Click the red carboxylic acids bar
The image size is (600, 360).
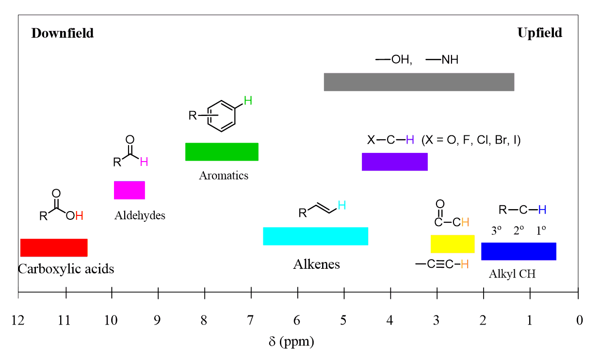pyautogui.click(x=53, y=247)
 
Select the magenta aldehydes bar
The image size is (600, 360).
pyautogui.click(x=130, y=190)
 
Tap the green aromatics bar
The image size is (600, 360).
pyautogui.click(x=222, y=152)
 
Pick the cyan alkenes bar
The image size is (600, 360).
pyautogui.click(x=315, y=236)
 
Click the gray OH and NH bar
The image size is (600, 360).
pyautogui.click(x=419, y=82)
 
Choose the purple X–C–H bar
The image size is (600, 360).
pyautogui.click(x=394, y=162)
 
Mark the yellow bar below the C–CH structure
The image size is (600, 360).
pyautogui.click(x=452, y=244)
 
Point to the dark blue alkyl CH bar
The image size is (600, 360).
pyautogui.click(x=519, y=251)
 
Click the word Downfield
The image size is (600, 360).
pyautogui.click(x=63, y=33)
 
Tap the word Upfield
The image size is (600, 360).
pyautogui.click(x=539, y=33)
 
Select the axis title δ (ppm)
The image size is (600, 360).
pyautogui.click(x=291, y=342)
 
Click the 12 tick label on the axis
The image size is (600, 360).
pyautogui.click(x=18, y=320)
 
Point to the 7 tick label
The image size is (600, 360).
pyautogui.click(x=250, y=320)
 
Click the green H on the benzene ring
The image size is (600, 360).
pyautogui.click(x=248, y=101)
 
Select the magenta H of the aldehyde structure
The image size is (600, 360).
pyautogui.click(x=144, y=162)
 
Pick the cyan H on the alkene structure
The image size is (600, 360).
pyautogui.click(x=341, y=205)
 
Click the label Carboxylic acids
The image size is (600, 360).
pyautogui.click(x=66, y=269)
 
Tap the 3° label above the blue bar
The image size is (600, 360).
pyautogui.click(x=496, y=231)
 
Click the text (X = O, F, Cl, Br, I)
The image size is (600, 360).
pyautogui.click(x=471, y=140)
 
